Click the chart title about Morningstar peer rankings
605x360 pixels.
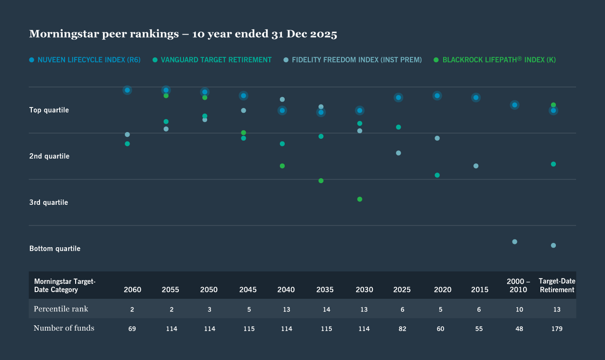(x=183, y=34)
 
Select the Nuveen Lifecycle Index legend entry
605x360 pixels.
(x=89, y=60)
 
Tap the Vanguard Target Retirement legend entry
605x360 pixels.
(x=216, y=60)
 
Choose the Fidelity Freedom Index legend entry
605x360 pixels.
(x=356, y=60)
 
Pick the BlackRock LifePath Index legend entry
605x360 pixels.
(x=499, y=60)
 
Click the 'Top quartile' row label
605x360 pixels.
(x=49, y=110)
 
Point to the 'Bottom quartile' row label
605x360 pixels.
(x=55, y=249)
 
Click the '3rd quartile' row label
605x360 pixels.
(x=49, y=202)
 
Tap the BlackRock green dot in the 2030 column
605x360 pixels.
(x=360, y=199)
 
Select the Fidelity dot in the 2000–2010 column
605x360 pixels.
(x=514, y=241)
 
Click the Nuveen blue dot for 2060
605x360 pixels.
(x=127, y=90)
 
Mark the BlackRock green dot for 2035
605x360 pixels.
(x=321, y=181)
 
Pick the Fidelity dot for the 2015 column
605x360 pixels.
(x=476, y=166)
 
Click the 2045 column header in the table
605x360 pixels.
(x=248, y=290)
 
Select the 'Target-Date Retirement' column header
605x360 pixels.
(x=557, y=285)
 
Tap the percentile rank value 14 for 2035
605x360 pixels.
(x=326, y=309)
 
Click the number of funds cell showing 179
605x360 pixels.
(x=556, y=329)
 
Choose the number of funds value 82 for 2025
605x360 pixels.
(x=402, y=329)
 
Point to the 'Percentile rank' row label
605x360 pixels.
(x=61, y=308)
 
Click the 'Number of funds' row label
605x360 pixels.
(x=64, y=328)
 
